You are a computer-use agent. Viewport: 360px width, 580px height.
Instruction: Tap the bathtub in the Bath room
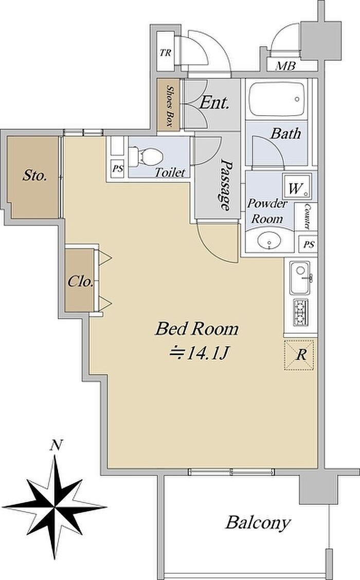point(277,99)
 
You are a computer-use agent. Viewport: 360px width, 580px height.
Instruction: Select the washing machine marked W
point(297,187)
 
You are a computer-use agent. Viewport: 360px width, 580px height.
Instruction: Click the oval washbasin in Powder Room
point(269,241)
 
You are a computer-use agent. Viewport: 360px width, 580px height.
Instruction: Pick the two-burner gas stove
point(300,313)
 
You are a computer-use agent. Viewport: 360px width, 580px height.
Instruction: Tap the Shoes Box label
point(169,106)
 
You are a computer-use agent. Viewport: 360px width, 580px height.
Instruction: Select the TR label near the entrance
point(166,53)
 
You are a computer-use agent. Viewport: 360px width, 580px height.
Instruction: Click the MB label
point(286,66)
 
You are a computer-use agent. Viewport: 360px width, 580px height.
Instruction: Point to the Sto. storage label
point(35,175)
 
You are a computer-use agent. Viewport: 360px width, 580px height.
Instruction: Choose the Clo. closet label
point(80,282)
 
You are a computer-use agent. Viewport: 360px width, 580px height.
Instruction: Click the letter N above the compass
point(56,445)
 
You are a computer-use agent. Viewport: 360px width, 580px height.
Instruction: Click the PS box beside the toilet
point(118,169)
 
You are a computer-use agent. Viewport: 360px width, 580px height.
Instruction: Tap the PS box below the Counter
point(309,245)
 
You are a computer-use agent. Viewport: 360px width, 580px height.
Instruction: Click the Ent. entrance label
point(214,103)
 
